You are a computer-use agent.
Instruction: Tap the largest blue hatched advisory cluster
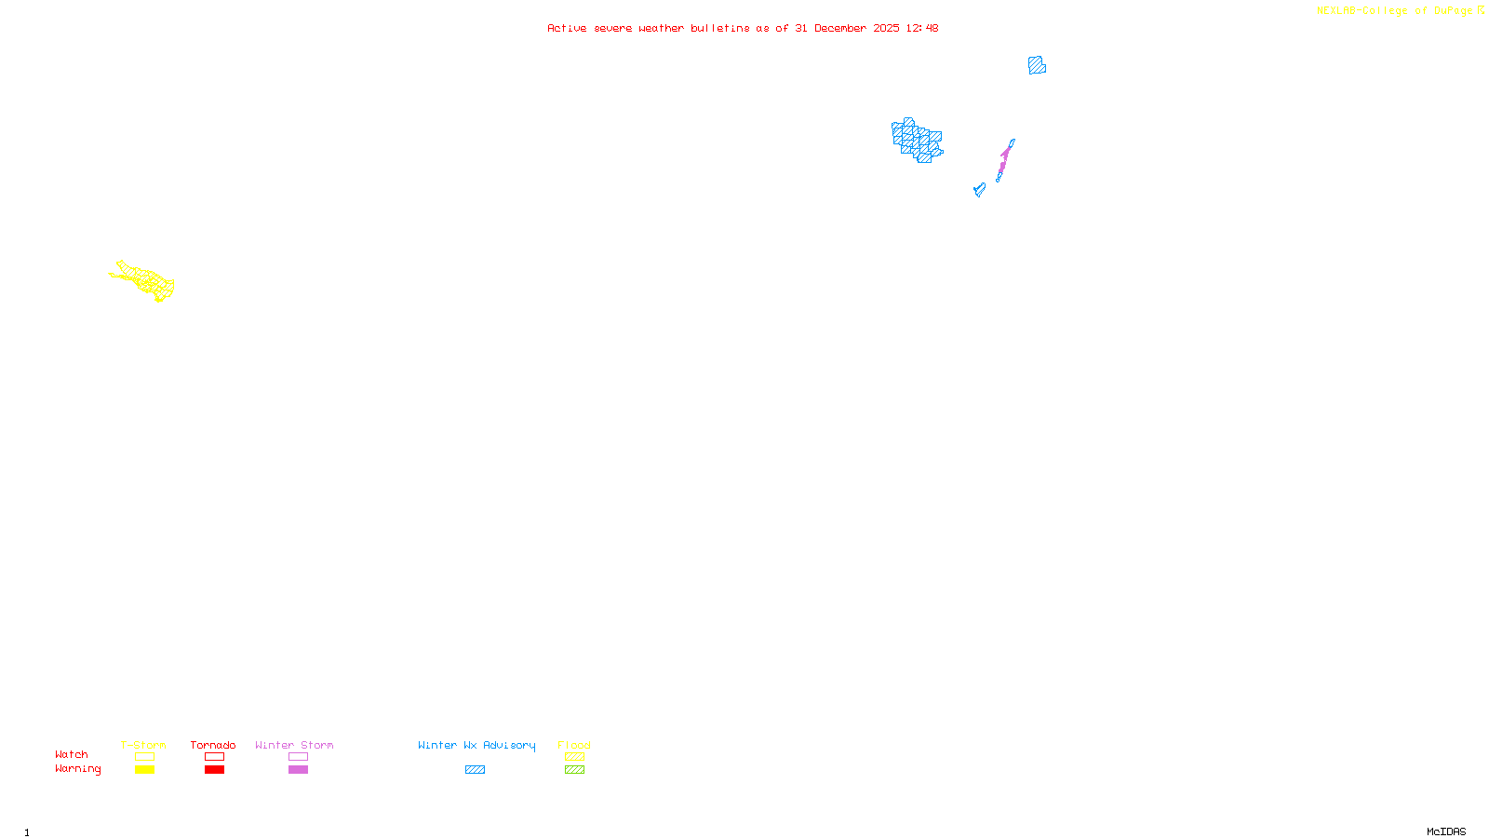(x=918, y=141)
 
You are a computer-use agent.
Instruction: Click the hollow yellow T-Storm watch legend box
(x=144, y=757)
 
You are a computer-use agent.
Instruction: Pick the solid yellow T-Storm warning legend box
(x=144, y=770)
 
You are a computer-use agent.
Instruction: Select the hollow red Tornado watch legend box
(x=214, y=757)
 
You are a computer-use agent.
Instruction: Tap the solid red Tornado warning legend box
(x=214, y=770)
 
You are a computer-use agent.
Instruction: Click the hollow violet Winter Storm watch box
(x=298, y=757)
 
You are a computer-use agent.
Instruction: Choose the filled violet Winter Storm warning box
(x=298, y=770)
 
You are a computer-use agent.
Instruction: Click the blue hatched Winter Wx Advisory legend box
(x=475, y=770)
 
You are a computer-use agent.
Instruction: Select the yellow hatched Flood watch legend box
(x=574, y=757)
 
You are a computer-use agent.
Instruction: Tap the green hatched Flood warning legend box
(x=574, y=770)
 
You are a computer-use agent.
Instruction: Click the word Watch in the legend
(x=72, y=755)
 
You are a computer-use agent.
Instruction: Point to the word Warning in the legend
(x=77, y=769)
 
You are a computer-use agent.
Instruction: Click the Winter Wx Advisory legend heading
(x=476, y=745)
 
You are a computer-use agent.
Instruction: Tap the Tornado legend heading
(x=213, y=745)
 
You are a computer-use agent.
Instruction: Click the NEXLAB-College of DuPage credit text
(x=1395, y=11)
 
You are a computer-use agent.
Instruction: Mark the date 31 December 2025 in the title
(x=847, y=28)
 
